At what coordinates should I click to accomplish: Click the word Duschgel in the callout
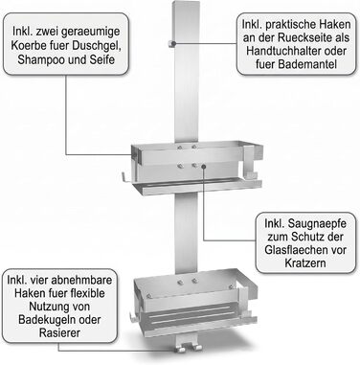pyautogui.click(x=96, y=45)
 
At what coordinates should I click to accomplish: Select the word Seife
pyautogui.click(x=101, y=59)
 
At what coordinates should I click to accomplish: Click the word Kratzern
pyautogui.click(x=305, y=263)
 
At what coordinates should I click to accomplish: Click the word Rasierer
pyautogui.click(x=60, y=333)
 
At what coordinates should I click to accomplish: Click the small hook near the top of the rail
pyautogui.click(x=171, y=44)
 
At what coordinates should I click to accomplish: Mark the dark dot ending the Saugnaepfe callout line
pyautogui.click(x=203, y=166)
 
